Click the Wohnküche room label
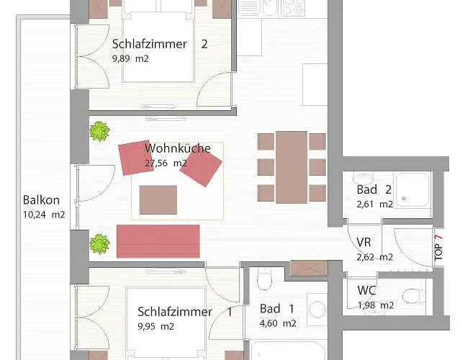click(x=178, y=148)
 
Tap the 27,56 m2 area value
click(x=166, y=163)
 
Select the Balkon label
click(x=41, y=200)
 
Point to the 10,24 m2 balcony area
click(x=44, y=215)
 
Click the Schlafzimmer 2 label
click(x=160, y=44)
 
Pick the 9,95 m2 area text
click(x=155, y=326)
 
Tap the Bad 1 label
click(x=277, y=309)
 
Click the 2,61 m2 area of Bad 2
click(x=374, y=204)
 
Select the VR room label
click(x=364, y=243)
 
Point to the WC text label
click(x=366, y=290)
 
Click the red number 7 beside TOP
click(x=439, y=238)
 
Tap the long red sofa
click(x=158, y=241)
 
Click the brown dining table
click(x=292, y=167)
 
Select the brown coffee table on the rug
click(x=158, y=199)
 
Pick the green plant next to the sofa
click(x=100, y=244)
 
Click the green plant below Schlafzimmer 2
click(x=100, y=131)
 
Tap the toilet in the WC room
click(x=414, y=296)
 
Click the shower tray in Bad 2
click(x=412, y=190)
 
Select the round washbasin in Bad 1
click(x=317, y=310)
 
